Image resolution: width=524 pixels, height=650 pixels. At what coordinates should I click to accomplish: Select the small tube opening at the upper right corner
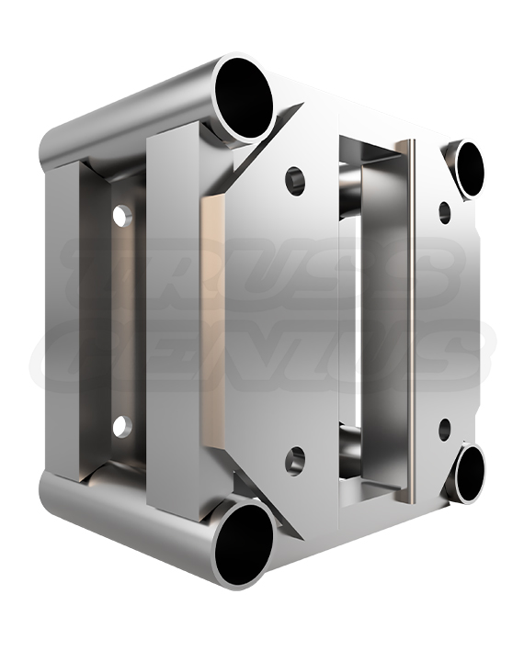point(467,169)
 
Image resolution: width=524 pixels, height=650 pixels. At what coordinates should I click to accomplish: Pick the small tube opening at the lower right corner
point(467,472)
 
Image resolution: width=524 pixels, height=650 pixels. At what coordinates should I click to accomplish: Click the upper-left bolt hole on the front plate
point(295,180)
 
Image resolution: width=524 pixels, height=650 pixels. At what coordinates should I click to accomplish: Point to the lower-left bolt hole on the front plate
point(295,460)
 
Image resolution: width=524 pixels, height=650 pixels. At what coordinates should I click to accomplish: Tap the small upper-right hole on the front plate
point(445,212)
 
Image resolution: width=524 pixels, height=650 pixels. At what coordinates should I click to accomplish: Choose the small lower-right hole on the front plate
point(445,429)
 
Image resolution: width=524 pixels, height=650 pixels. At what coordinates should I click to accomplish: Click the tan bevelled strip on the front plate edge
point(212,321)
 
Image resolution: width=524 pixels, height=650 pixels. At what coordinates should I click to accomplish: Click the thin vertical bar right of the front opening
point(405,321)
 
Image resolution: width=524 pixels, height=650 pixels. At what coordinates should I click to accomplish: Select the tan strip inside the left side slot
point(125,321)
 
